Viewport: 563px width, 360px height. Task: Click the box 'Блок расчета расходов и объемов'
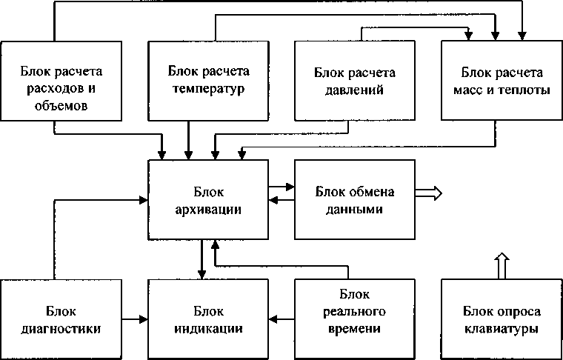[x=61, y=81]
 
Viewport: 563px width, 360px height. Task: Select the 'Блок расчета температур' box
[x=208, y=81]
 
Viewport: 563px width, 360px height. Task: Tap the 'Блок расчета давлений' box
[x=355, y=81]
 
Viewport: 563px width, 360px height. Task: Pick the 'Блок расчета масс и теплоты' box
[x=502, y=81]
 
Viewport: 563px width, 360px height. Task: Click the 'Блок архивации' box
[x=208, y=199]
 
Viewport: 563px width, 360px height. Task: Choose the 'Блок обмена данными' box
[x=355, y=199]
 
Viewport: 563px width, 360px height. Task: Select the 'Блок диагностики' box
[x=61, y=319]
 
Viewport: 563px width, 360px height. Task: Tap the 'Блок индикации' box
[x=208, y=319]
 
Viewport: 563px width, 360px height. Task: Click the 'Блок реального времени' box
[x=355, y=319]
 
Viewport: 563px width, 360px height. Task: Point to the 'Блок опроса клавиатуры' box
[x=502, y=319]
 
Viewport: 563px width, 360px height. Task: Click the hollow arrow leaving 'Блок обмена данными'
[x=429, y=193]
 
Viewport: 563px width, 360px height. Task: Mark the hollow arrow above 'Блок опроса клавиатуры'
[x=502, y=266]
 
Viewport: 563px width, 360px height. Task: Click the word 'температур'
[x=208, y=88]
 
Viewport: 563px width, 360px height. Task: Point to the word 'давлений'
[x=354, y=90]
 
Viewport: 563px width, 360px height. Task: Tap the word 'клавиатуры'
[x=502, y=329]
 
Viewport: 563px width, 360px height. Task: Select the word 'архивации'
[x=208, y=209]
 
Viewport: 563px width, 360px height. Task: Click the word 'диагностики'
[x=61, y=329]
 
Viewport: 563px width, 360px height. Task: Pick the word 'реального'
[x=355, y=312]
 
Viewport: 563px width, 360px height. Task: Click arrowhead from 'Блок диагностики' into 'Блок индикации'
[x=144, y=319]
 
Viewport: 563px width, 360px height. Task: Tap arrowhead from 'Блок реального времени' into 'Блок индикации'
[x=273, y=319]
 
